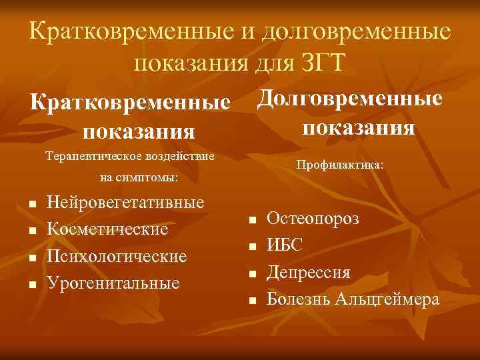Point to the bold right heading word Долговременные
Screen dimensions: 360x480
(x=349, y=98)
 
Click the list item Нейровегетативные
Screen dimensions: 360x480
(x=127, y=202)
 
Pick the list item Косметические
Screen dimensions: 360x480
(x=108, y=229)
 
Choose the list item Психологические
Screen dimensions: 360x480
(x=117, y=257)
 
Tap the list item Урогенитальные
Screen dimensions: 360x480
(x=114, y=283)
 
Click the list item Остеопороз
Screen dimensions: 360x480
(x=313, y=219)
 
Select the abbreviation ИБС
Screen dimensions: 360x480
(x=285, y=245)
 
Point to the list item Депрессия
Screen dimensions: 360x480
(x=309, y=273)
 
